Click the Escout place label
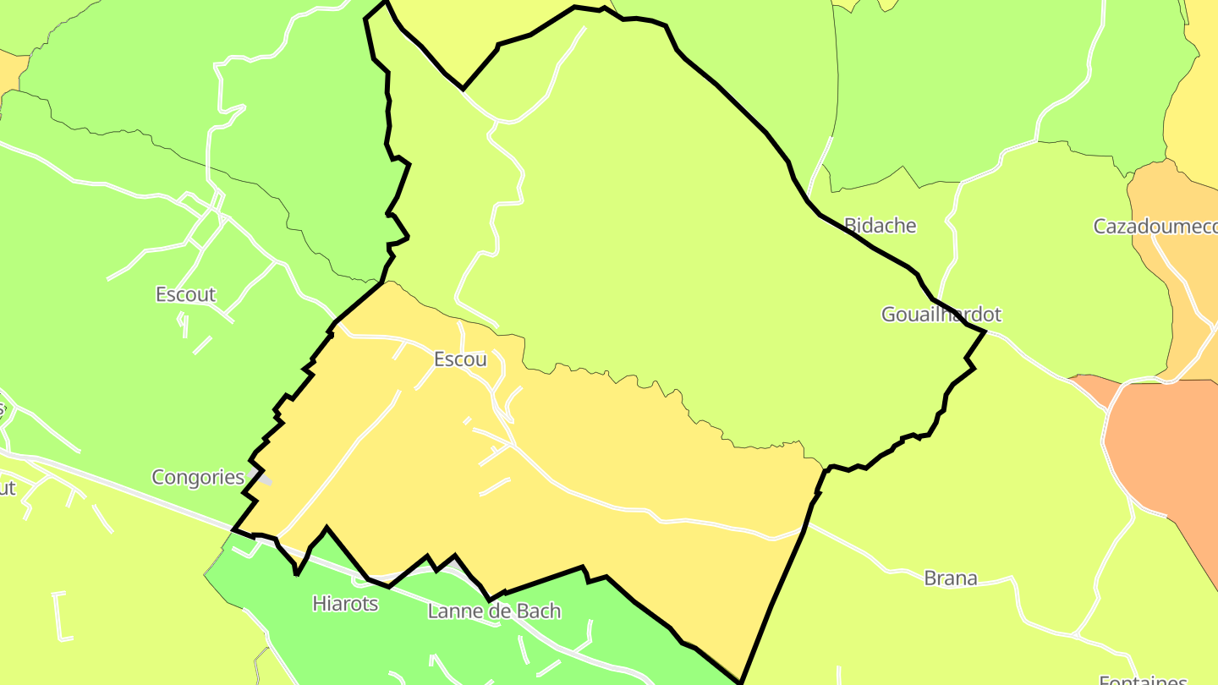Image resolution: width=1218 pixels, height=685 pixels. point(185,295)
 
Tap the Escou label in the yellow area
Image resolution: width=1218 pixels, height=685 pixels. point(460,359)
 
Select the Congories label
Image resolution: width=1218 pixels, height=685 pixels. point(198,477)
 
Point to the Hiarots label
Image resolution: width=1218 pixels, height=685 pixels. point(345,604)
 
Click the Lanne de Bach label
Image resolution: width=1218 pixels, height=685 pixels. point(494,611)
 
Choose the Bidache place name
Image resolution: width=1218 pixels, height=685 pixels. point(880,226)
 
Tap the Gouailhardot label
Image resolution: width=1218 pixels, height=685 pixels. point(941,315)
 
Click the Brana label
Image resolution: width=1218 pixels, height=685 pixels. point(950,578)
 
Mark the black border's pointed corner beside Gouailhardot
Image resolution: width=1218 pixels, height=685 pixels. point(985,332)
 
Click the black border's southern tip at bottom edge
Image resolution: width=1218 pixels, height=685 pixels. point(741,682)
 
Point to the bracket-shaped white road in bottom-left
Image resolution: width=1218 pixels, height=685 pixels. point(61,615)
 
